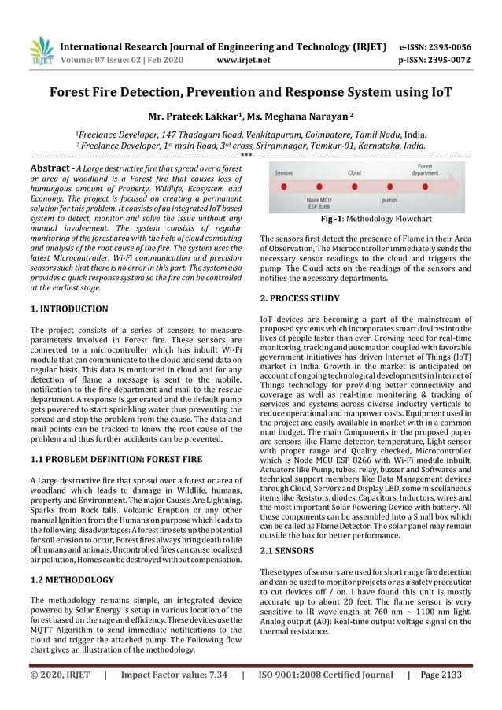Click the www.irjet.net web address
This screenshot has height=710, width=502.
pos(247,60)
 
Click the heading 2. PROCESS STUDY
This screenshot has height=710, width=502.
pos(300,299)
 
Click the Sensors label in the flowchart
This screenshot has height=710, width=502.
pos(284,172)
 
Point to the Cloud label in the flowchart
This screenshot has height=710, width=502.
pos(355,172)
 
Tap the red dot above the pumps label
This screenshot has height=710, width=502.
pos(389,187)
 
